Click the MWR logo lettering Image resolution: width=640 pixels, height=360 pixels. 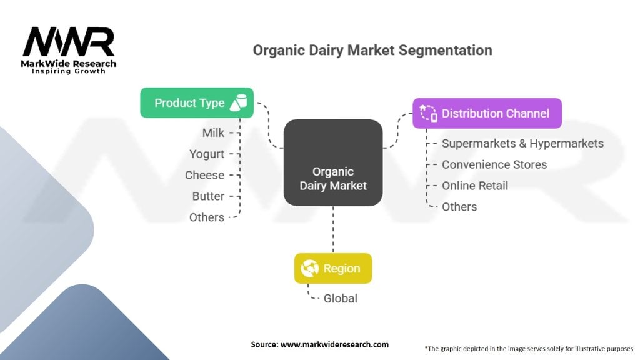pos(69,42)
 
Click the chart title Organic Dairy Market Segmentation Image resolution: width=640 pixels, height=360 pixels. pos(372,50)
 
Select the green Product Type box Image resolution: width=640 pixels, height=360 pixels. pos(197,103)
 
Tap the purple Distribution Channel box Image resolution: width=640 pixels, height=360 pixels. pos(487,113)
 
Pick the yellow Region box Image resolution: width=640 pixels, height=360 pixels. pos(333,268)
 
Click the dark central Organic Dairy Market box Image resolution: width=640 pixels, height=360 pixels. pos(333,162)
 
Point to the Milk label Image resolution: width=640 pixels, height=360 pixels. pos(213,132)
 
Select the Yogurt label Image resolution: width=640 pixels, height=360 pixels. pos(206,154)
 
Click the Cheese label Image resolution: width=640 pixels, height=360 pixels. pos(204,175)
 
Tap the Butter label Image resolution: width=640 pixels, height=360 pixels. pos(208,196)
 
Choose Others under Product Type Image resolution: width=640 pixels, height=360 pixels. pos(206,217)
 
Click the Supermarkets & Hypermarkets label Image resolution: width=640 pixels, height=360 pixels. pos(522,143)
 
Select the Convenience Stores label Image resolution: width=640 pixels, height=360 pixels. pos(494,164)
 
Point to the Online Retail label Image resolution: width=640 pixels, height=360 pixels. pos(475,186)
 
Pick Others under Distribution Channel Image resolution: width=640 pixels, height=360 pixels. pos(459,207)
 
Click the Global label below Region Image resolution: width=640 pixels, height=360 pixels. pos(341,298)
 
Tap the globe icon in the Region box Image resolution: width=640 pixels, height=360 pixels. pos(309,268)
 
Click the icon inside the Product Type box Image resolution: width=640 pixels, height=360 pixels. pos(238,103)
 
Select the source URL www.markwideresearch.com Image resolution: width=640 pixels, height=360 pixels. pos(334,344)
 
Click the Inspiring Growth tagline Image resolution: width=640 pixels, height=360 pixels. pos(69,71)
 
